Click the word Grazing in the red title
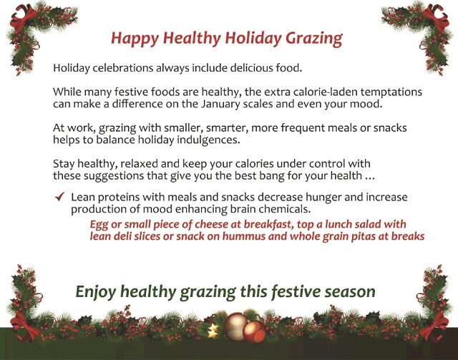[x=313, y=39]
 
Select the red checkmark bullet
[x=59, y=197]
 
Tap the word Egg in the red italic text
[x=99, y=225]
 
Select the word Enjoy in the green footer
[x=96, y=292]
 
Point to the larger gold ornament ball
[x=235, y=326]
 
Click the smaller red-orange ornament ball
[x=254, y=332]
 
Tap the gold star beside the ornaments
[x=213, y=331]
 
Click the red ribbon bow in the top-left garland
[x=22, y=17]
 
